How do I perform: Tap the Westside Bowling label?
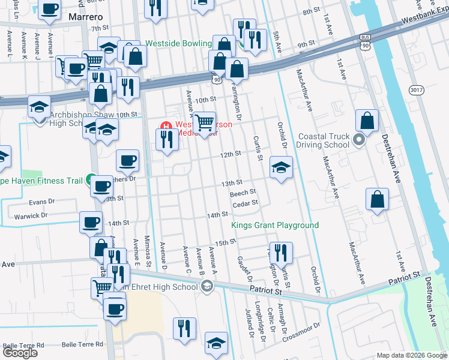tap(179, 44)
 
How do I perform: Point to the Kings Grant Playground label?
tap(275, 226)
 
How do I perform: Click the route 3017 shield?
tap(416, 89)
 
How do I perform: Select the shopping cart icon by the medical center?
tap(205, 122)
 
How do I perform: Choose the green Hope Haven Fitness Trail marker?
tap(90, 179)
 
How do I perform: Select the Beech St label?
tap(243, 193)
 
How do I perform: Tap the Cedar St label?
tap(245, 203)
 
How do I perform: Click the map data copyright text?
tap(411, 355)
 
